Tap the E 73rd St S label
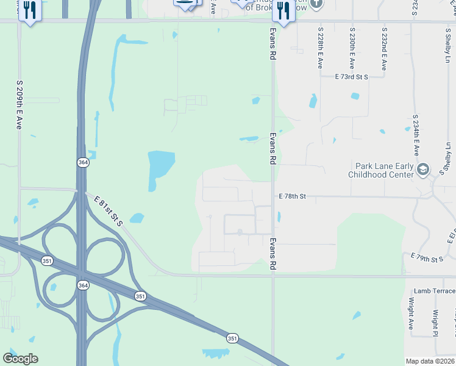tap(352, 77)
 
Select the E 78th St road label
tap(292, 196)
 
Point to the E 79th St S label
tap(427, 258)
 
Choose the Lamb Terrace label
tap(434, 292)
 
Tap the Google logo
tap(20, 359)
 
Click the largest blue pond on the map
tap(160, 166)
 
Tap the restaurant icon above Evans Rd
tap(283, 10)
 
